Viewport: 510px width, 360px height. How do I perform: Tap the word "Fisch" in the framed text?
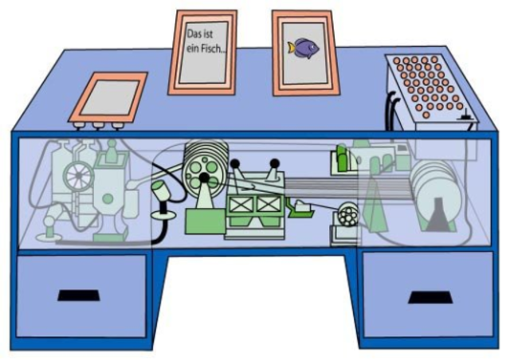[x=213, y=49]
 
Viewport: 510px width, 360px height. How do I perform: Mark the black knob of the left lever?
[x=235, y=164]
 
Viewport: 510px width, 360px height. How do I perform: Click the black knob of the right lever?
[x=275, y=163]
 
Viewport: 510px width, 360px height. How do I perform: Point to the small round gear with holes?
[x=346, y=215]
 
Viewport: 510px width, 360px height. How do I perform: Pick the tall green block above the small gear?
[x=341, y=158]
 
